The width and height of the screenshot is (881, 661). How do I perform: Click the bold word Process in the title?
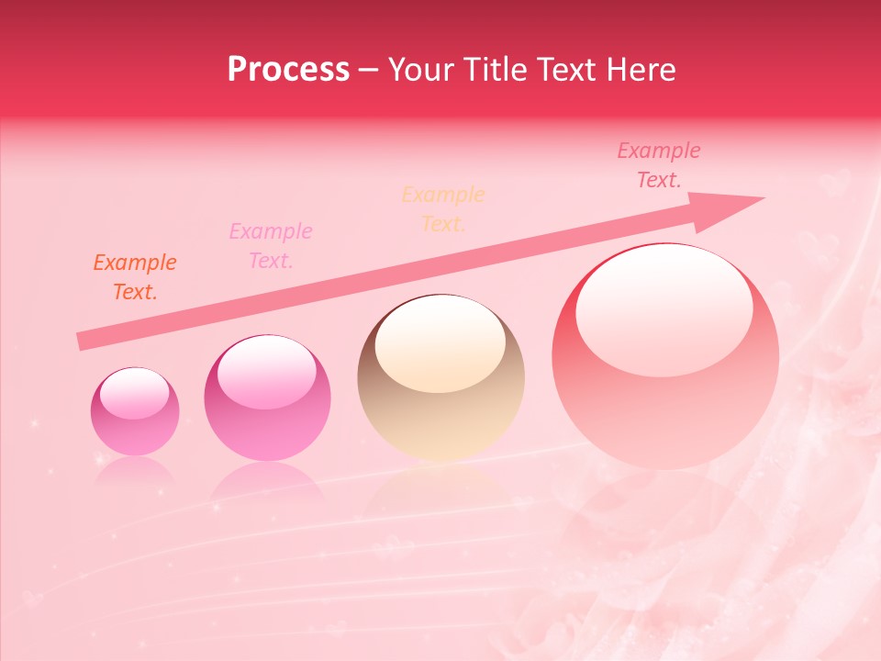pyautogui.click(x=288, y=70)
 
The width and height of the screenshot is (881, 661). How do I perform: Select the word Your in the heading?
pyautogui.click(x=423, y=70)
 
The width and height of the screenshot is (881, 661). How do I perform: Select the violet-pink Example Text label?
pyautogui.click(x=271, y=246)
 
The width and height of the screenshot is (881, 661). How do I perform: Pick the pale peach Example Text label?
pyautogui.click(x=443, y=209)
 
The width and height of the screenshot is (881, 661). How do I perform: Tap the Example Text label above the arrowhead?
pyautogui.click(x=659, y=165)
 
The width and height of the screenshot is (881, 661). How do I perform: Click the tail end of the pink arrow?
pyautogui.click(x=81, y=342)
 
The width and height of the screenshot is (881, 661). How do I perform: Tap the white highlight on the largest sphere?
pyautogui.click(x=664, y=310)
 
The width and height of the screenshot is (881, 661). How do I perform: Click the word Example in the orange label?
pyautogui.click(x=134, y=263)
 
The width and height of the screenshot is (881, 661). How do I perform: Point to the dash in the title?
pyautogui.click(x=369, y=71)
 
